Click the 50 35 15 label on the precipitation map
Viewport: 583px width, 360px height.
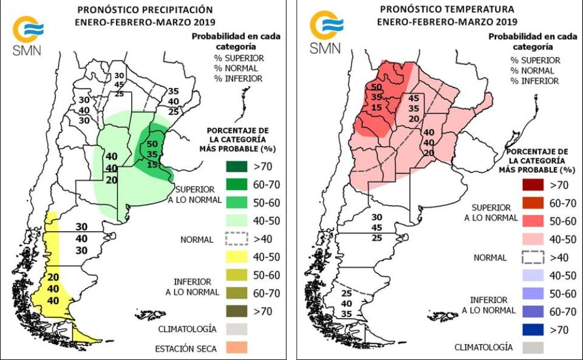[152, 154]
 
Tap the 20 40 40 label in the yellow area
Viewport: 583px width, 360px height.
[53, 289]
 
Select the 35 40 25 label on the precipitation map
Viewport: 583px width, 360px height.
[173, 101]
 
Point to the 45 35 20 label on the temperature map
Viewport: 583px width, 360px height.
[414, 108]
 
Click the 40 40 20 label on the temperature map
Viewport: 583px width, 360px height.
[429, 142]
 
